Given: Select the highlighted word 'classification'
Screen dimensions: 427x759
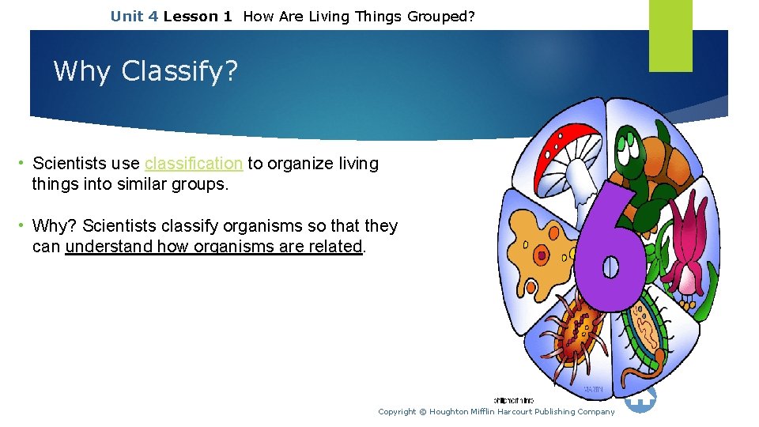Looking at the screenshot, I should pos(193,164).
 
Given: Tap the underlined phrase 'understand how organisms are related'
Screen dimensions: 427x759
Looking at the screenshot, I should pos(213,247).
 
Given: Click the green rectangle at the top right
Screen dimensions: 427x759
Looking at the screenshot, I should pos(670,35).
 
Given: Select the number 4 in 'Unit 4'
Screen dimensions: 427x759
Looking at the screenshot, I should pos(153,16).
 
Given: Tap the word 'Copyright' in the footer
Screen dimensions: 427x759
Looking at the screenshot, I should pos(397,411).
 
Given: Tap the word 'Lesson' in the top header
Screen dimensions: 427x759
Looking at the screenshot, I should pos(190,16).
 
